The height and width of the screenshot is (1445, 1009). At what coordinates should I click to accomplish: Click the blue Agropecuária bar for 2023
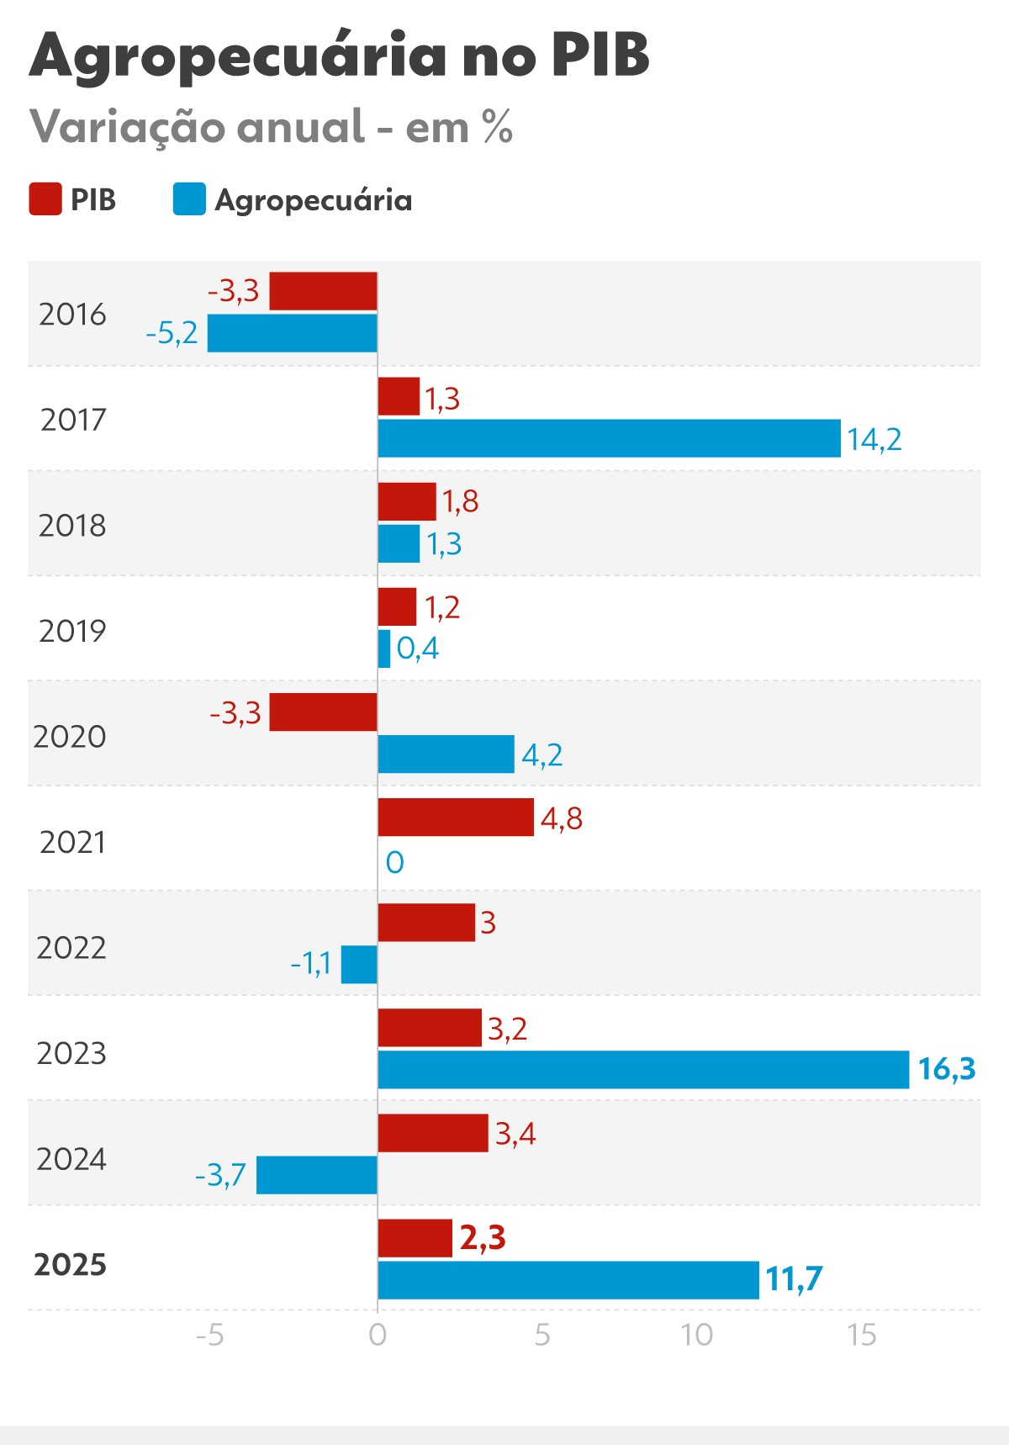point(643,1069)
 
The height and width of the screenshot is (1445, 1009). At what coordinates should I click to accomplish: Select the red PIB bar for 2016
point(323,291)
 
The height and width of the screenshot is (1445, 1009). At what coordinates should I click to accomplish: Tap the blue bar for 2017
point(609,438)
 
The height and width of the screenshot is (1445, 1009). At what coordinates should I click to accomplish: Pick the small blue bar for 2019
point(384,648)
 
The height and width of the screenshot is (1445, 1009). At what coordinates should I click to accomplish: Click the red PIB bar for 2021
point(456,817)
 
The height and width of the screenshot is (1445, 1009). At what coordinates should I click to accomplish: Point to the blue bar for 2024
point(317,1174)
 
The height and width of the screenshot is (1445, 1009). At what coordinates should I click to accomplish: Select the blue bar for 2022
point(359,964)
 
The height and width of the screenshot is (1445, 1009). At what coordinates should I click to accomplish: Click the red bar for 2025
point(415,1238)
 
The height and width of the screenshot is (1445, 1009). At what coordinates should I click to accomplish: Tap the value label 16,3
point(946,1069)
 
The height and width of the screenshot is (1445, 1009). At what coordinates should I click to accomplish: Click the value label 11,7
point(793,1279)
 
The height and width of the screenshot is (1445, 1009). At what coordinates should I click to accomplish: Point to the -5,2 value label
point(172,333)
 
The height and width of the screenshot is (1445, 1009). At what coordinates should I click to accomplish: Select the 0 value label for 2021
point(394,862)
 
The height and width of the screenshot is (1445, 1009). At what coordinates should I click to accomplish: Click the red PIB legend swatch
point(45,199)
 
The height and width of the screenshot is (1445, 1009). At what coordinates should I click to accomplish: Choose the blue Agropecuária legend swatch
point(189,199)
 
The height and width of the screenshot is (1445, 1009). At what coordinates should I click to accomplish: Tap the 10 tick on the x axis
point(696,1335)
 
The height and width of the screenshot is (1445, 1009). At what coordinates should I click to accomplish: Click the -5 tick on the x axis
point(209,1335)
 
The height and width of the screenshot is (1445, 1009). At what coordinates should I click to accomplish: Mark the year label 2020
point(70,737)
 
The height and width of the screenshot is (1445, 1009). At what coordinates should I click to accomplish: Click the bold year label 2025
point(70,1264)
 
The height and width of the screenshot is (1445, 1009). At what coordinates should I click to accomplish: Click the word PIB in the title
point(600,56)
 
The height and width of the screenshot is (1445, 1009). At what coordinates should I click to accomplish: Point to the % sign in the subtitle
point(497,127)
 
